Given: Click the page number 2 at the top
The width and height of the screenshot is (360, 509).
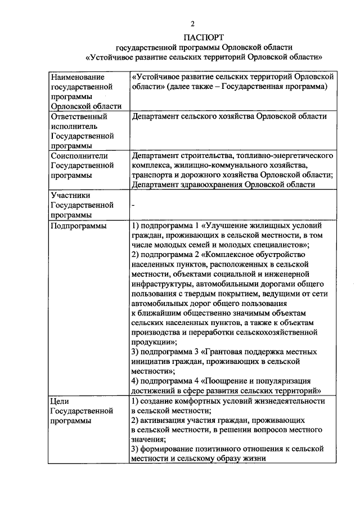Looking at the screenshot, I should [x=192, y=24].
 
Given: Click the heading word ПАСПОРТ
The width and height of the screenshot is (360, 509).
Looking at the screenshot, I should [x=192, y=38].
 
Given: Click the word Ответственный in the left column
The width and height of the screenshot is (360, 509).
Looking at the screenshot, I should [x=79, y=116].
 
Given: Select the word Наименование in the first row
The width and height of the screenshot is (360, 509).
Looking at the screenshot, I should [x=78, y=76].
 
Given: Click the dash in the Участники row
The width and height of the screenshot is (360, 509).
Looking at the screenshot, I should [x=132, y=205].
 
